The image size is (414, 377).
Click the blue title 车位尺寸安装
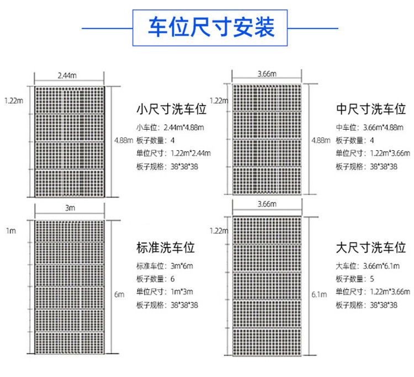click(211, 27)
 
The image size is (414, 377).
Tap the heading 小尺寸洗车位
click(171, 109)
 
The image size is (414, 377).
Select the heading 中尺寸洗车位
click(371, 109)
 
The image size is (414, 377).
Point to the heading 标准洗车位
click(166, 248)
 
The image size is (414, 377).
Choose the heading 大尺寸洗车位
click(371, 248)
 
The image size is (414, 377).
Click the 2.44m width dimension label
click(67, 76)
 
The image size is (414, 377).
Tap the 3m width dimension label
click(70, 208)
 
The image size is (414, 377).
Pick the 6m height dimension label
click(119, 294)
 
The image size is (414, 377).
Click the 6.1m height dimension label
click(319, 294)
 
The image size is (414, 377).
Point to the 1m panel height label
click(11, 231)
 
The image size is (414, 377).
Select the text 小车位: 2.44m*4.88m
click(171, 128)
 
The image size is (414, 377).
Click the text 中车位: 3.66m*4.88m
click(370, 128)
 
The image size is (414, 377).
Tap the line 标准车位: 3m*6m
click(164, 266)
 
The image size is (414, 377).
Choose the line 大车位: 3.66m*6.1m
click(368, 266)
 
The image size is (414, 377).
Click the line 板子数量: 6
click(156, 279)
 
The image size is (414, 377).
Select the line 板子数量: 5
click(355, 279)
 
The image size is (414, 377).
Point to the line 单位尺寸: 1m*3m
click(164, 292)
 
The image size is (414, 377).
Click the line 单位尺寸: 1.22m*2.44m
click(174, 153)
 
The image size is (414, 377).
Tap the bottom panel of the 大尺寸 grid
click(267, 342)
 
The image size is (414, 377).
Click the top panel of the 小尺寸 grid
click(70, 100)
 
